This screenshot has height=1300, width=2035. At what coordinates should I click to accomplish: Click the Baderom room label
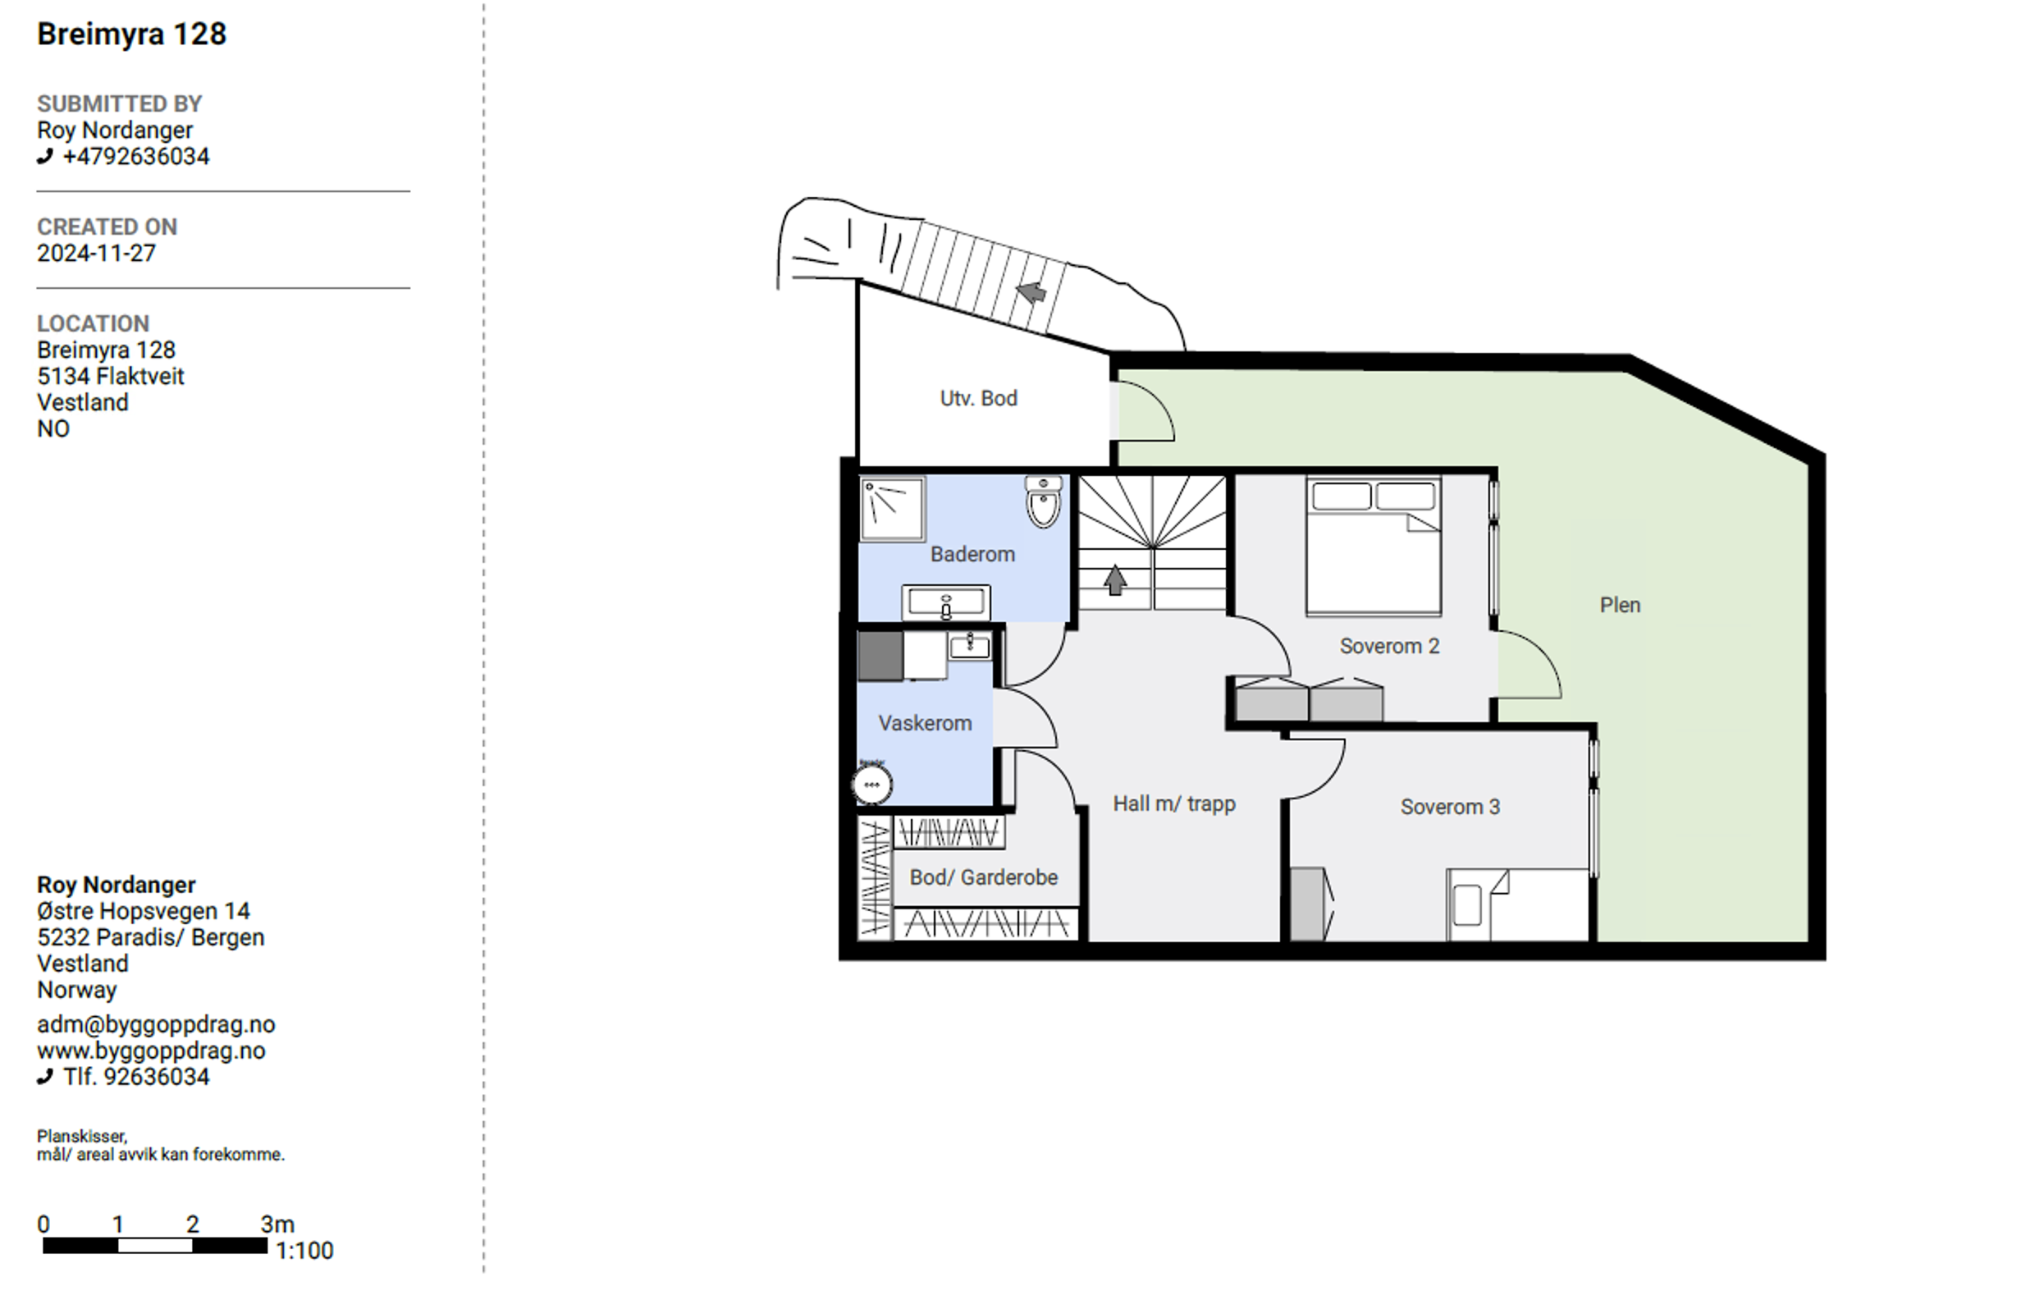click(972, 555)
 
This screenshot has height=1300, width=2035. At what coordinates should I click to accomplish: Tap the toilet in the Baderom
click(1044, 501)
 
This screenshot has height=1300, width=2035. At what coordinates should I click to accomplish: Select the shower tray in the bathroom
click(893, 508)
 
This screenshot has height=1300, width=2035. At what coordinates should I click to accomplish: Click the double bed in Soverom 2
click(1374, 546)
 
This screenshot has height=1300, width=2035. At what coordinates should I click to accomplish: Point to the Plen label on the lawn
click(1620, 605)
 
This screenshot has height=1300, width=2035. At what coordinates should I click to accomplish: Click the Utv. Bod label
click(979, 398)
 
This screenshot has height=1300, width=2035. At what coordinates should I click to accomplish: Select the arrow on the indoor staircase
click(1114, 580)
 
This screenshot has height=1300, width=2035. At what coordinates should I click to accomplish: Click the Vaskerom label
click(925, 724)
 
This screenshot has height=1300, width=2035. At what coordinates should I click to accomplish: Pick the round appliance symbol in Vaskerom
click(871, 785)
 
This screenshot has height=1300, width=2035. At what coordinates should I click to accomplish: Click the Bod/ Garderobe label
click(984, 877)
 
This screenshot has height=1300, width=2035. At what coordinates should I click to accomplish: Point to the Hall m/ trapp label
click(1174, 803)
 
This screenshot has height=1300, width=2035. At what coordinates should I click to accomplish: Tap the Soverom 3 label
click(1450, 808)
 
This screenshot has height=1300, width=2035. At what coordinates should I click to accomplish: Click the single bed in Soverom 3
click(1518, 904)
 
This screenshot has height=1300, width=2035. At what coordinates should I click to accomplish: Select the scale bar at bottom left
click(154, 1245)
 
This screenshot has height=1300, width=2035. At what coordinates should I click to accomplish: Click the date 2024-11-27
click(96, 254)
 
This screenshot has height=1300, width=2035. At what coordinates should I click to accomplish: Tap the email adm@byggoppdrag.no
click(157, 1024)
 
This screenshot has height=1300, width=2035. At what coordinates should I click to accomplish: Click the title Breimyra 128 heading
click(132, 34)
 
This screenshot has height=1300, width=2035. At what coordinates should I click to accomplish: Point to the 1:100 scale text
click(305, 1251)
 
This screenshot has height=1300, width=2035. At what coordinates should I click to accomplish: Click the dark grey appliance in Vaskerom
click(880, 655)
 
